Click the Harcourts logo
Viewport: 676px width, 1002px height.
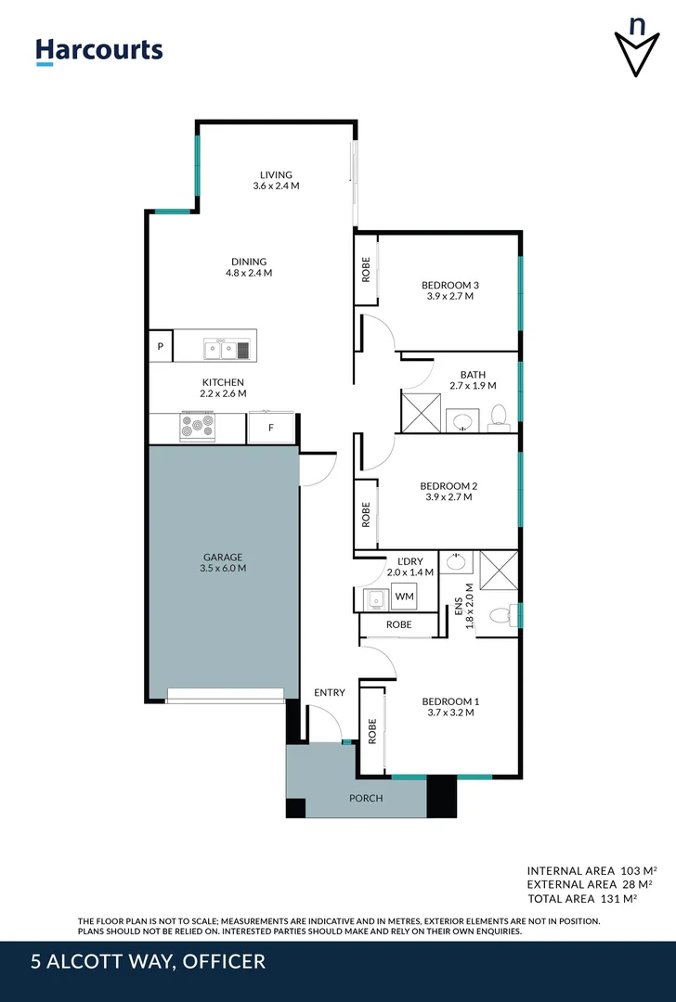click(99, 51)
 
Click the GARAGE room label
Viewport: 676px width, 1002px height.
click(223, 557)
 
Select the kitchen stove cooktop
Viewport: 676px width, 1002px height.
click(197, 427)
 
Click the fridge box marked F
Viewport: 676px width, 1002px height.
click(271, 429)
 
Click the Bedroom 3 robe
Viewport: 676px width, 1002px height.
click(366, 269)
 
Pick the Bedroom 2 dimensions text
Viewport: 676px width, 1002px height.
click(448, 497)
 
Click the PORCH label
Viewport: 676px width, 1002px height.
click(365, 798)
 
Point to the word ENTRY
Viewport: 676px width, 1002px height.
click(329, 692)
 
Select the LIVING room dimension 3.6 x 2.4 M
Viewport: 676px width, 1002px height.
click(276, 186)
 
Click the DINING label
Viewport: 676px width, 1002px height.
click(249, 262)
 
